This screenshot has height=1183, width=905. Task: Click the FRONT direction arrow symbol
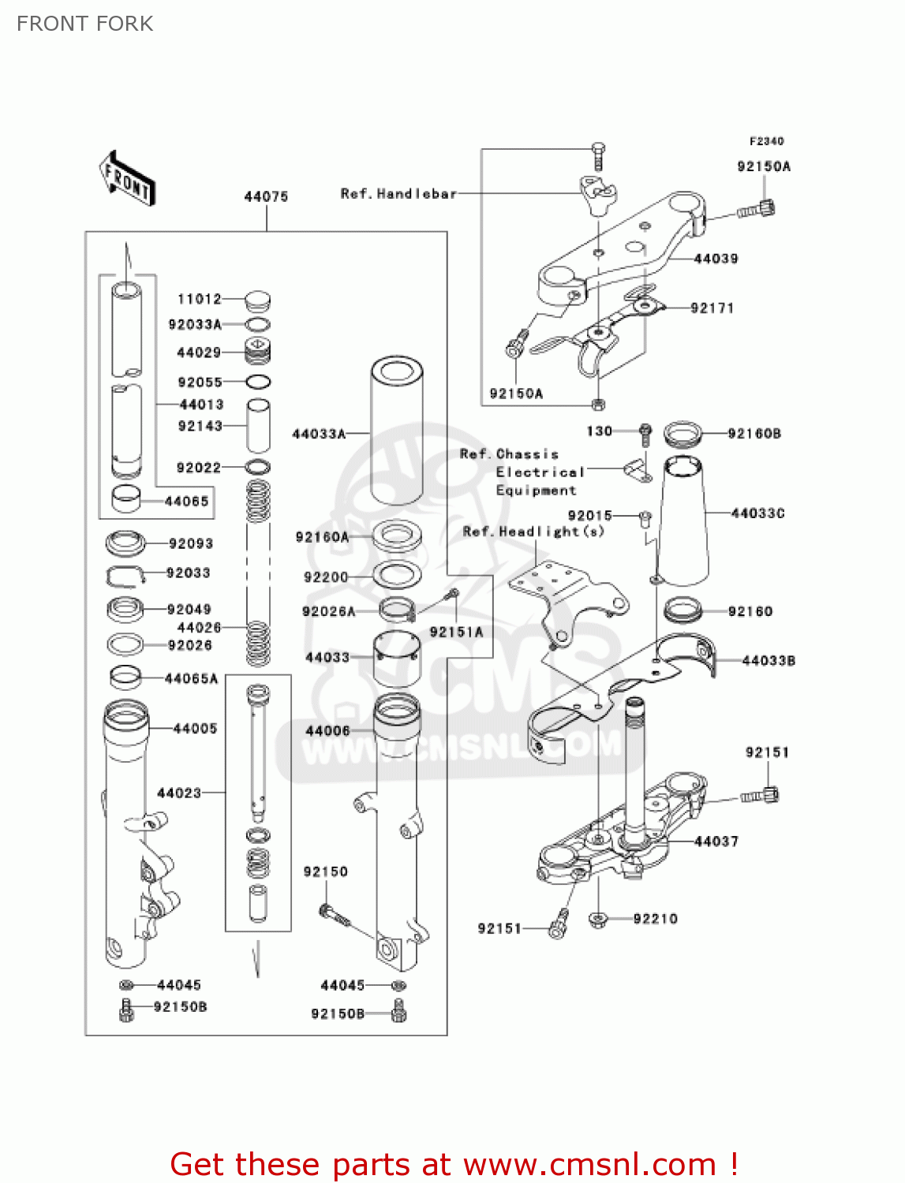coord(127,179)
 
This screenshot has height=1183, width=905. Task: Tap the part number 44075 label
coord(266,196)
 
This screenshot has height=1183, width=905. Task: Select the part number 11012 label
coord(200,299)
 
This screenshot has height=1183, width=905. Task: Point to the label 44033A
coord(319,434)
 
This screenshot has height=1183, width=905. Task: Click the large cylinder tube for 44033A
coord(397,430)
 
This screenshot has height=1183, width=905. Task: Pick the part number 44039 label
coord(716,259)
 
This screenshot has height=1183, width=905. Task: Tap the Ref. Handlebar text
coord(398,193)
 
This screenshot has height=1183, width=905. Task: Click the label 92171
coord(712,308)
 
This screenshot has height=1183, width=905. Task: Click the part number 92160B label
coord(754,434)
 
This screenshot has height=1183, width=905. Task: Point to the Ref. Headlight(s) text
coord(533,532)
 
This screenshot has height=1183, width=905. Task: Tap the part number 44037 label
coord(716,842)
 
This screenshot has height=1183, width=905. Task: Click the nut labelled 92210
coord(597,919)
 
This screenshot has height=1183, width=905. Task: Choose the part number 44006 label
coord(327,731)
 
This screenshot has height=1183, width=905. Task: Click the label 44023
coord(179,793)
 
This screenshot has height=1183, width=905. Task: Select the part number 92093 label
coord(190,543)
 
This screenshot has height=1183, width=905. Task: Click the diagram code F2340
coord(766,141)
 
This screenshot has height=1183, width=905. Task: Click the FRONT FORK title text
coord(85,24)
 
